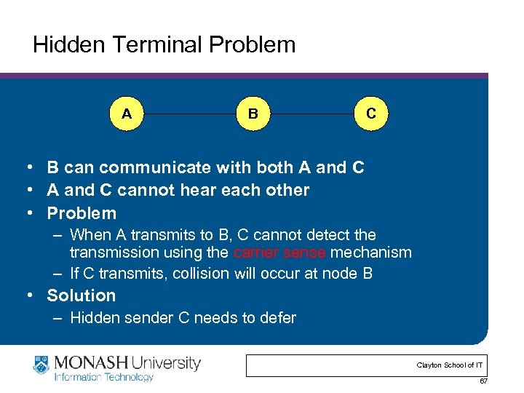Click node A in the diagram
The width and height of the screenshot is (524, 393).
point(127,114)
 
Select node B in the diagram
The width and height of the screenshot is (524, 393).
point(253,114)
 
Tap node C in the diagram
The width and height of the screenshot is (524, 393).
point(371,114)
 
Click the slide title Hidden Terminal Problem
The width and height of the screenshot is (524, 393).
point(164,45)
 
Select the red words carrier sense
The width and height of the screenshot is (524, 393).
point(280,253)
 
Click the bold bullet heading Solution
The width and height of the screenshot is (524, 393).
point(81,295)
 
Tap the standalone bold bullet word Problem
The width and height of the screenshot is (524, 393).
point(81,213)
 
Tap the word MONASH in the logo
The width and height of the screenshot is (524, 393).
point(88,362)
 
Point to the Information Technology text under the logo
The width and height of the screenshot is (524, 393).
point(103,377)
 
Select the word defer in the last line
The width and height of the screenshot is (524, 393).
point(277,318)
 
